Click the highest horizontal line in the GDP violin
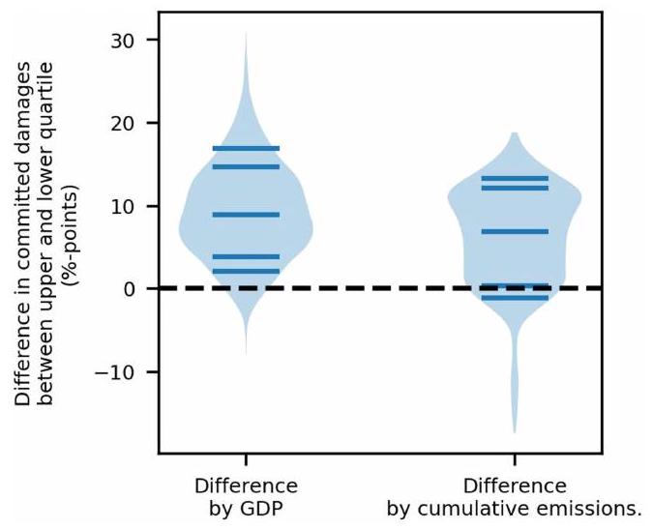pyautogui.click(x=246, y=148)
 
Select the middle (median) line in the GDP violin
pyautogui.click(x=246, y=215)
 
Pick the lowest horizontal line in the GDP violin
pyautogui.click(x=246, y=271)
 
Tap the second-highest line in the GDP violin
pyautogui.click(x=246, y=166)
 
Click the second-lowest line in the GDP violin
pyautogui.click(x=246, y=256)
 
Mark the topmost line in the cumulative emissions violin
pyautogui.click(x=514, y=178)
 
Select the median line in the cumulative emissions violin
pyautogui.click(x=514, y=231)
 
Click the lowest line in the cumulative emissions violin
pyautogui.click(x=514, y=298)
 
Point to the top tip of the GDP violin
pyautogui.click(x=246, y=33)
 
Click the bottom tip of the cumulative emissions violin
pyautogui.click(x=514, y=431)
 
